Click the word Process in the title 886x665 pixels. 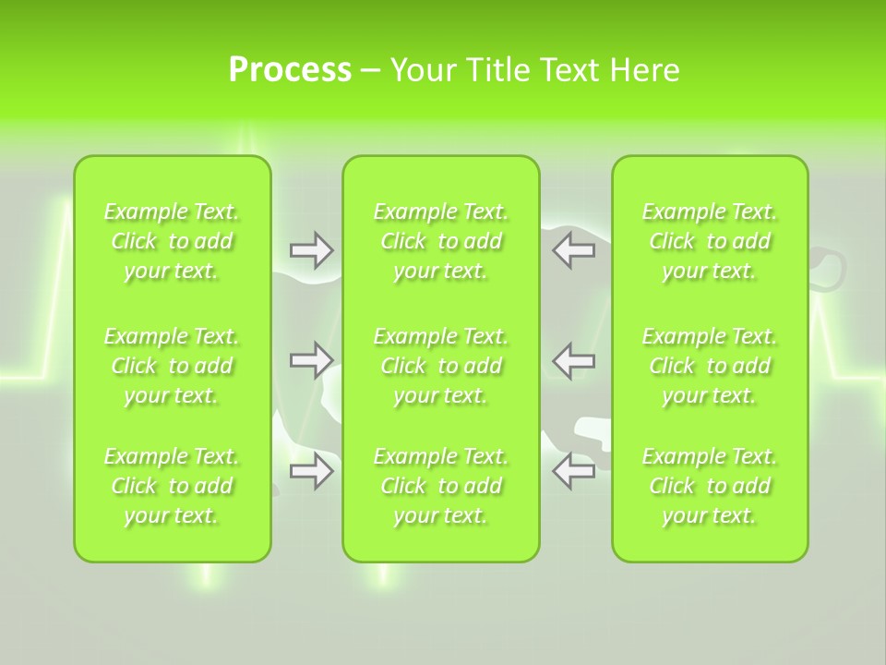(x=290, y=70)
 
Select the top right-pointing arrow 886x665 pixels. (x=311, y=250)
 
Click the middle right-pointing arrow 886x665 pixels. (x=311, y=359)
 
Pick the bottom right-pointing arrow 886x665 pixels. (x=311, y=471)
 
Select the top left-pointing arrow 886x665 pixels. (x=573, y=250)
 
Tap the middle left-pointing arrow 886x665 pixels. (x=573, y=359)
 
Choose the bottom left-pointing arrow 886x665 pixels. (x=573, y=471)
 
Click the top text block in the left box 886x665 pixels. (x=172, y=241)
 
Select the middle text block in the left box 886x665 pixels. (x=172, y=366)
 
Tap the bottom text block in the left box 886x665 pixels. (x=172, y=486)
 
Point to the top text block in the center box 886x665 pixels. (x=441, y=241)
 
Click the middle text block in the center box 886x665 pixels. (x=441, y=366)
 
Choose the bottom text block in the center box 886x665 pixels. (x=441, y=486)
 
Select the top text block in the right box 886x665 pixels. (x=710, y=241)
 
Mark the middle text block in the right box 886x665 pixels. (x=710, y=366)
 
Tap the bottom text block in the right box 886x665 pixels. (x=710, y=486)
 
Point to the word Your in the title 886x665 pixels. (x=422, y=70)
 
